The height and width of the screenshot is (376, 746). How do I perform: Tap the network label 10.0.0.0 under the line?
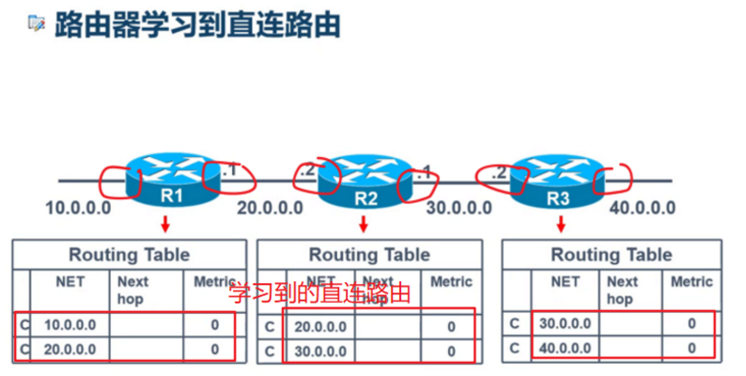tap(79, 207)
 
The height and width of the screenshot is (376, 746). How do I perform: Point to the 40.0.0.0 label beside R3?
tap(643, 208)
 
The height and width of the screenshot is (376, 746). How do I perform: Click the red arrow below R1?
tap(166, 223)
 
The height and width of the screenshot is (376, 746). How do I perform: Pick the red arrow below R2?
tap(364, 224)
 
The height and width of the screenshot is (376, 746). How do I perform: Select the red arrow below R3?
tap(561, 224)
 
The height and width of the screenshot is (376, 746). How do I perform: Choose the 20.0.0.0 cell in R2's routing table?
tap(319, 326)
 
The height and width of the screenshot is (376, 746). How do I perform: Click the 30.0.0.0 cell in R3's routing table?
tap(565, 323)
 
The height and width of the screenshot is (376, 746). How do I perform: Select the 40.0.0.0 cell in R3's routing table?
tap(565, 348)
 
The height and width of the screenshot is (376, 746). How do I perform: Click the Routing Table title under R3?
tap(611, 254)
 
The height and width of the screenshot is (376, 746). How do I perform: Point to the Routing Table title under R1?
tap(129, 254)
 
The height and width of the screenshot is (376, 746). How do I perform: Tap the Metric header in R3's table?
tap(692, 281)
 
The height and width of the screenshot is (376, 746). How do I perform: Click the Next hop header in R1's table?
tap(133, 290)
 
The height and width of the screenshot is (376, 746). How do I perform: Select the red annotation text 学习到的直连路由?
tap(320, 293)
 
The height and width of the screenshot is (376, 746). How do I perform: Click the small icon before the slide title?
tap(36, 24)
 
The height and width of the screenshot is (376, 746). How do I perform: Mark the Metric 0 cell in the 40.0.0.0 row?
tap(693, 348)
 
